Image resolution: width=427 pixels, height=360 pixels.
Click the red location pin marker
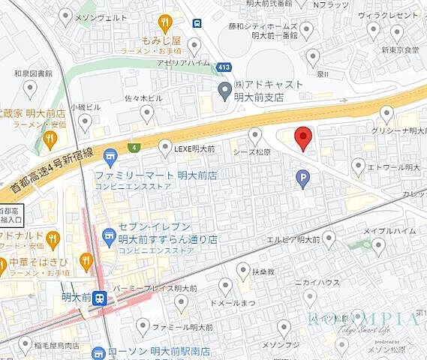tap(302, 138)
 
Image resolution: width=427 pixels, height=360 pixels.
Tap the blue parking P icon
tap(303, 178)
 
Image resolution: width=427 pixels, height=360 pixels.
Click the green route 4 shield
tap(134, 147)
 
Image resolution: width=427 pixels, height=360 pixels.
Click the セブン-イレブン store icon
tap(108, 234)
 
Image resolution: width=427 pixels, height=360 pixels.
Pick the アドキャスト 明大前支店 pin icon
tap(224, 91)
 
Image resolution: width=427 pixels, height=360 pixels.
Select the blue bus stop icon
tap(197, 22)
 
